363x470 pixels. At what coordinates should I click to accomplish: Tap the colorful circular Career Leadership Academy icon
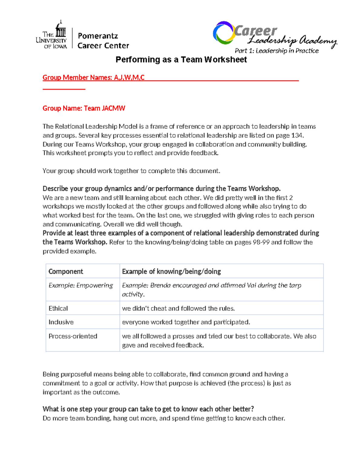(x=224, y=32)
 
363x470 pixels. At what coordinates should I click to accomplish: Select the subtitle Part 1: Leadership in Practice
(x=276, y=51)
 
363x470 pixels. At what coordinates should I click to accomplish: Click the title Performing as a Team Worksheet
(x=181, y=60)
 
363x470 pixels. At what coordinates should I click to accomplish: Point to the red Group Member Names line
(x=93, y=77)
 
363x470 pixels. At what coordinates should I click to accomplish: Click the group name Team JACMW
(x=104, y=108)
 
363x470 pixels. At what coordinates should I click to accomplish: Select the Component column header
(x=66, y=271)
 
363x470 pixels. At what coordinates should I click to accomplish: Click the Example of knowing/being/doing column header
(x=171, y=271)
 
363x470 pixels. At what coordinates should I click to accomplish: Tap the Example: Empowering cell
(x=81, y=285)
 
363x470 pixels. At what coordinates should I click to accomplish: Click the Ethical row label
(x=58, y=308)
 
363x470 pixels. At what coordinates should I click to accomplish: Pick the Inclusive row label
(x=61, y=322)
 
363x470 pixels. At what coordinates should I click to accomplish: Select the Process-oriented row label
(x=73, y=336)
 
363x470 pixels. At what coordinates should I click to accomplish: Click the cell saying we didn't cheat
(x=178, y=308)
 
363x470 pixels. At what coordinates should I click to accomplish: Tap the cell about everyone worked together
(x=186, y=322)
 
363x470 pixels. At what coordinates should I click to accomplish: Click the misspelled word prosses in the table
(x=183, y=336)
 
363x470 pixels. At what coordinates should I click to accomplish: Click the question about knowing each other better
(x=148, y=409)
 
